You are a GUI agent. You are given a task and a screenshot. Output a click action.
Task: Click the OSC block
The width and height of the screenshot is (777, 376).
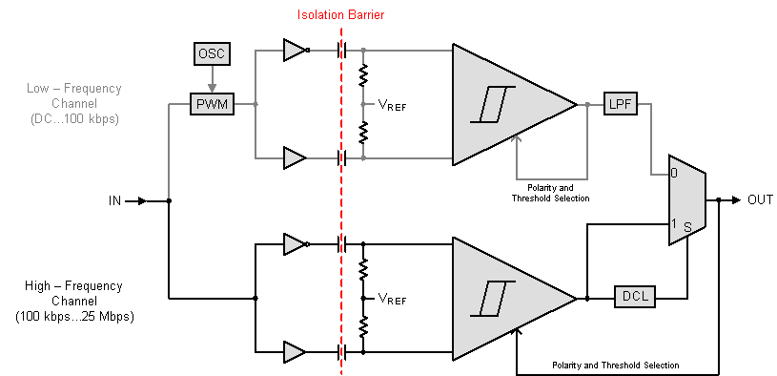[x=212, y=53]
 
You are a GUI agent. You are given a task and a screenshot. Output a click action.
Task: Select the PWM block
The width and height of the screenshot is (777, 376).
[x=212, y=103]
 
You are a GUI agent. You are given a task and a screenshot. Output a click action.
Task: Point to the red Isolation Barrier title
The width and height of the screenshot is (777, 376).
[x=340, y=16]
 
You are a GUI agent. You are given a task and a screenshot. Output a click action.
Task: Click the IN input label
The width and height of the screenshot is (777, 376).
[x=115, y=201]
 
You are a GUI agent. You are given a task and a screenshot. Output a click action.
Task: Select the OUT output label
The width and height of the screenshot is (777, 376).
[x=760, y=200]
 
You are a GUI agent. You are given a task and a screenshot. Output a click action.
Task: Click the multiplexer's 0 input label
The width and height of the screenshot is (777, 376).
[x=675, y=175]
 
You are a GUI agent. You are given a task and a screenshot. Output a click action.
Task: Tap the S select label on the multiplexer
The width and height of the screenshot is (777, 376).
[x=686, y=226]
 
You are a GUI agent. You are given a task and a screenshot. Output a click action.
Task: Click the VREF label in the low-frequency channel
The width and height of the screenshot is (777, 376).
[x=392, y=106]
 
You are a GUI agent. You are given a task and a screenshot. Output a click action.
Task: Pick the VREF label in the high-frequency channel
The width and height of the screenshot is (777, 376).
[x=392, y=299]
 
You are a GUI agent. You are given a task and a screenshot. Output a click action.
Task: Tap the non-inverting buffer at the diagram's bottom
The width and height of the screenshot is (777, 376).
[x=294, y=352]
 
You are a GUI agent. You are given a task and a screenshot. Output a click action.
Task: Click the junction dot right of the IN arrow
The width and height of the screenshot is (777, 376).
[x=169, y=201]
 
